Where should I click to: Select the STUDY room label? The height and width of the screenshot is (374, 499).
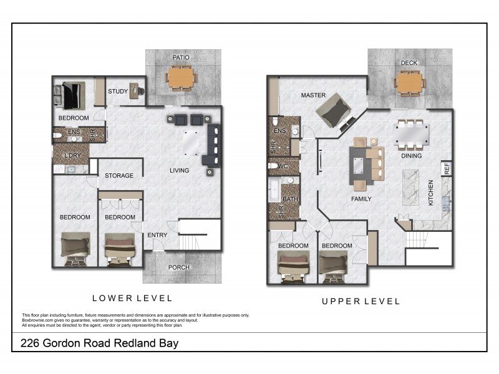click(118, 92)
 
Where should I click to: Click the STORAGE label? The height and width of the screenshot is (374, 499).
click(119, 176)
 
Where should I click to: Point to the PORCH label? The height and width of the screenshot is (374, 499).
click(179, 267)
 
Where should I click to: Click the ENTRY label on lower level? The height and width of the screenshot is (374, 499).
click(157, 235)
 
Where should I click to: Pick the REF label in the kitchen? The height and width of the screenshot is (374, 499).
click(446, 168)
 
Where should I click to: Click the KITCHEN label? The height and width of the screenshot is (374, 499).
click(430, 193)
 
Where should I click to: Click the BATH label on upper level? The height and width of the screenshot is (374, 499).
click(290, 199)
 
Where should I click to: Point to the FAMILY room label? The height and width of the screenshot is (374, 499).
click(361, 199)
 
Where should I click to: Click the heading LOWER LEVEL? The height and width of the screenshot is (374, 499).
click(132, 299)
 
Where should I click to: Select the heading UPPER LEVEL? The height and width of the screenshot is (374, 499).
click(361, 301)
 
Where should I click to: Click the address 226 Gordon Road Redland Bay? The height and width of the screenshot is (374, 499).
click(100, 343)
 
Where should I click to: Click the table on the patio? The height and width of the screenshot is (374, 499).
click(181, 78)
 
